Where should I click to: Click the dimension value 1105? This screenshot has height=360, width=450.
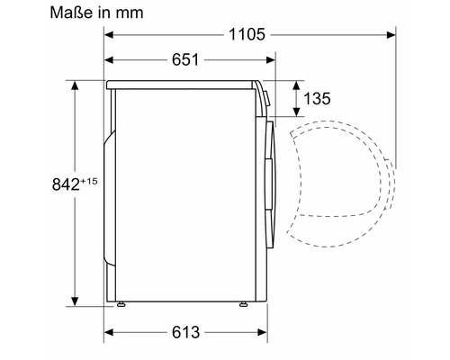247,34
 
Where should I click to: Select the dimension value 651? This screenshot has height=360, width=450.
185,59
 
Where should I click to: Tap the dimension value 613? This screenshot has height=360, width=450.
185,332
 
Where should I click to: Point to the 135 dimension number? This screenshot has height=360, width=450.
317,98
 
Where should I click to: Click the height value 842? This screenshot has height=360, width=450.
66,184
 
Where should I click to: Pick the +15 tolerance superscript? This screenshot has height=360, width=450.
88,181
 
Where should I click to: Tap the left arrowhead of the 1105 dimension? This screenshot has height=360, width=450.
109,35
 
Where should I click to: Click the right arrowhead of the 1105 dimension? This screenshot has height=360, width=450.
391,35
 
